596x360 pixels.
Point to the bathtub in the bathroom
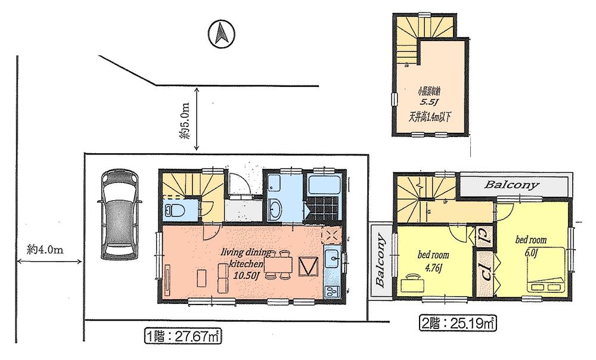[324, 185]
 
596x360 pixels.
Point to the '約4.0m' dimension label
[45, 250]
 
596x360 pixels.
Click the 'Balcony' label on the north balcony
[511, 185]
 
